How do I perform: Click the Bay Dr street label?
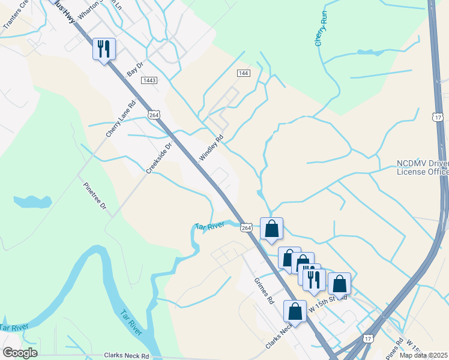tap(136, 68)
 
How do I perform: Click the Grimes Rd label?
tap(264, 290)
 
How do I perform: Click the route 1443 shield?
tap(149, 80)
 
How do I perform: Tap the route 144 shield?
tap(243, 73)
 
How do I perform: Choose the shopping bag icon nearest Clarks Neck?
tap(295, 311)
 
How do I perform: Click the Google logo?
tap(20, 353)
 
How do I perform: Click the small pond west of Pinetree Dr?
tap(30, 201)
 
